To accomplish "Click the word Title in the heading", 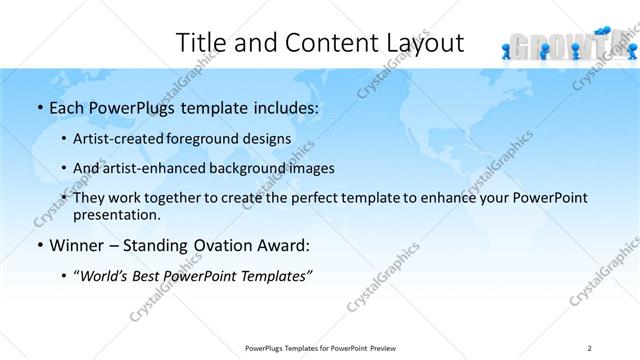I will [201, 42].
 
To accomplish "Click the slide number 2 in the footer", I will [590, 347].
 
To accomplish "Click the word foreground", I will [212, 138].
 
